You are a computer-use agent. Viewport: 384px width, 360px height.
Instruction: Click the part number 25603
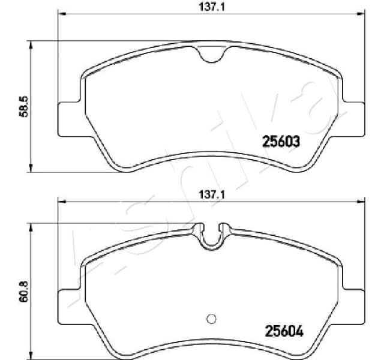[281, 142]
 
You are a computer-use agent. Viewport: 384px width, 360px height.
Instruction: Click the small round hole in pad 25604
[211, 319]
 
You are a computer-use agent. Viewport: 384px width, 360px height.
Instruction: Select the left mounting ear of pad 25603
[67, 118]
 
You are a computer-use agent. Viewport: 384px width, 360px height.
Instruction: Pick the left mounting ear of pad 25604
[67, 303]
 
